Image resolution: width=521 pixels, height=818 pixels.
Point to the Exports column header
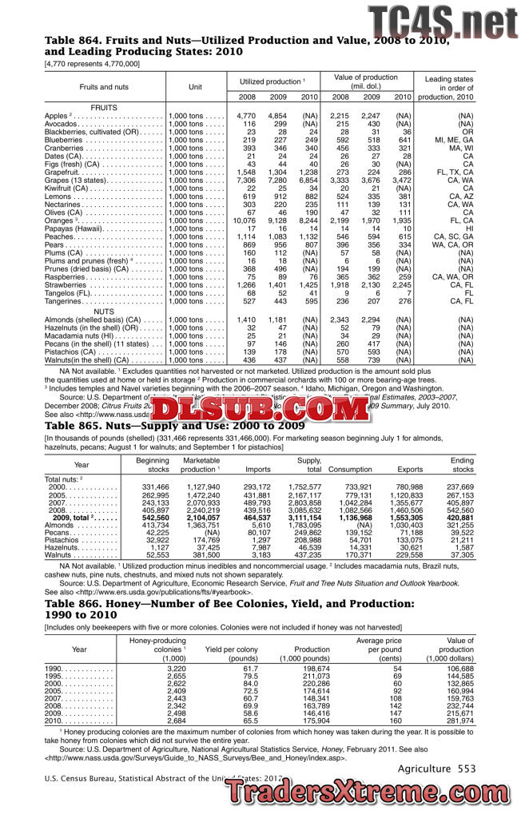[409, 470]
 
